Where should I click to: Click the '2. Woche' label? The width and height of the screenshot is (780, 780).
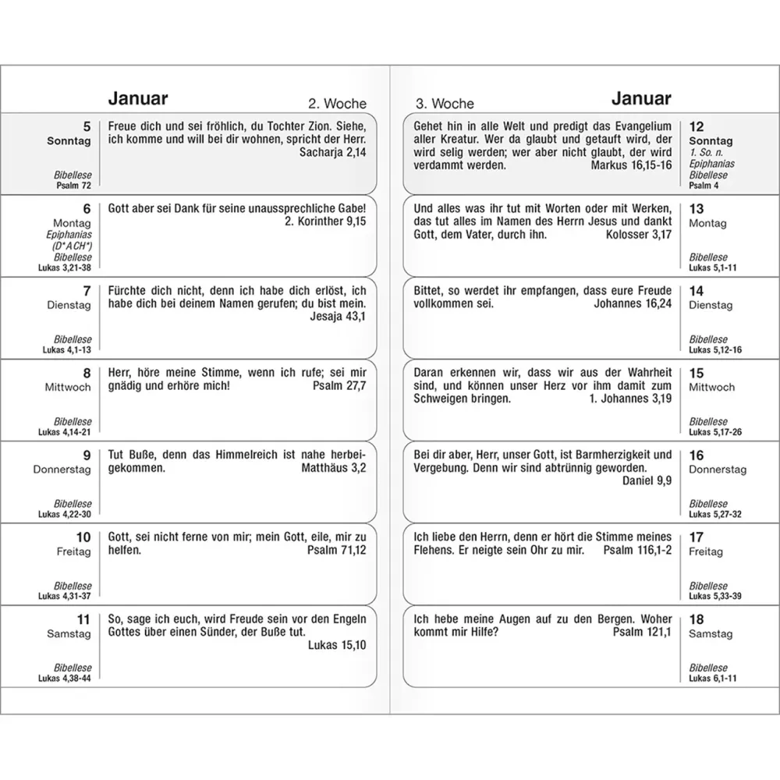pyautogui.click(x=337, y=104)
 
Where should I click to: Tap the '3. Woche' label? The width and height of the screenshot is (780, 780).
pyautogui.click(x=445, y=104)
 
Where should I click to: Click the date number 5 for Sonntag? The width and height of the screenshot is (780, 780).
pyautogui.click(x=87, y=126)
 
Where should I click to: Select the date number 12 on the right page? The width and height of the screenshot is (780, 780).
pyautogui.click(x=697, y=126)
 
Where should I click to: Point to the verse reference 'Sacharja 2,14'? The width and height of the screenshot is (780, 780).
pyautogui.click(x=332, y=153)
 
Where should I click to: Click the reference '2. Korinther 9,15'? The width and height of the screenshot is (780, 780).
pyautogui.click(x=321, y=221)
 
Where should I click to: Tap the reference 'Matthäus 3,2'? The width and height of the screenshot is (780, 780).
pyautogui.click(x=333, y=469)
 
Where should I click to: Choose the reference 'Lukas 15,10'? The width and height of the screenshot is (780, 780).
pyautogui.click(x=337, y=645)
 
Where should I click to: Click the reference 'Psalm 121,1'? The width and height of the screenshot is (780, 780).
pyautogui.click(x=642, y=632)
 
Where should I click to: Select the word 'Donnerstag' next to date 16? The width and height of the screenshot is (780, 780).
pyautogui.click(x=718, y=470)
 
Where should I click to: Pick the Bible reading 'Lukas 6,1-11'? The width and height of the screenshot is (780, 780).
pyautogui.click(x=713, y=679)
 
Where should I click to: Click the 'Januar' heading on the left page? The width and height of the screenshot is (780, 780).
pyautogui.click(x=137, y=99)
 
